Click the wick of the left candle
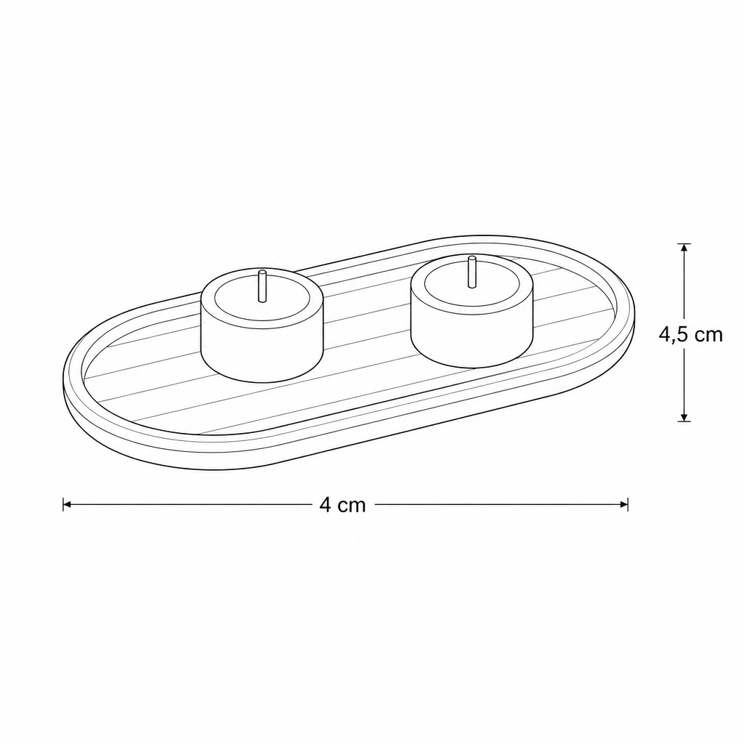[262, 286]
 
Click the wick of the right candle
[472, 272]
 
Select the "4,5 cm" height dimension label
[690, 334]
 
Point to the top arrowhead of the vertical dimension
[684, 248]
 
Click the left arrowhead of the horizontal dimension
[68, 504]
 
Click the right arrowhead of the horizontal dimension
[623, 504]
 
